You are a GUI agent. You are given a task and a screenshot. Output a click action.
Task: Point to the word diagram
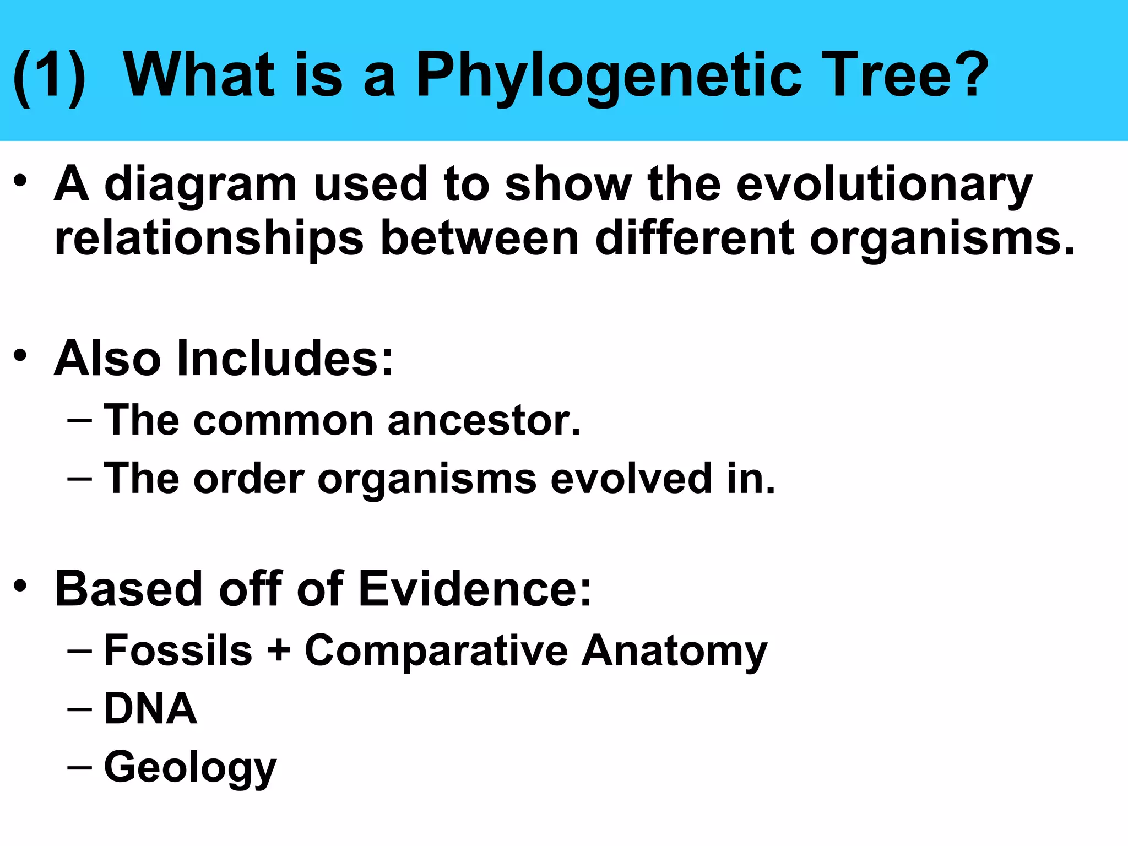coord(200,186)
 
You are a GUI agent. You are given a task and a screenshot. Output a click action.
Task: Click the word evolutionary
coord(884,186)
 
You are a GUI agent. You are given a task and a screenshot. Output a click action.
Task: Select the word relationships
coord(209,240)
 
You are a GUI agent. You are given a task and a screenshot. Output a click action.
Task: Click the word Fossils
coord(178,650)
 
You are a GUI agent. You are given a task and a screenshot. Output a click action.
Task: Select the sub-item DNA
coord(150,709)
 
